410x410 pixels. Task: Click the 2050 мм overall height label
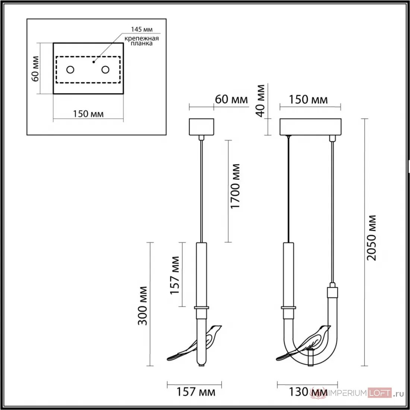[371, 238]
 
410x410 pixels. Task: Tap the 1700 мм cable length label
[235, 186]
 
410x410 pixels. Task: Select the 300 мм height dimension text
[142, 306]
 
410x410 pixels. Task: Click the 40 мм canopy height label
[260, 101]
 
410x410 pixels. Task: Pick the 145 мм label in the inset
[142, 29]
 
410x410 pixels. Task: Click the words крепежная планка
[142, 41]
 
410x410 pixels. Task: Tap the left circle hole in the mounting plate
[70, 70]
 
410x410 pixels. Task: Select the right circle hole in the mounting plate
[105, 70]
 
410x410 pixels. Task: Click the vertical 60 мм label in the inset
[35, 69]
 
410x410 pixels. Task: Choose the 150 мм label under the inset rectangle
[88, 114]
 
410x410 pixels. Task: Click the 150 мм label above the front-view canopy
[308, 100]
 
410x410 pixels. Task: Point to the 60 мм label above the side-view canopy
[231, 100]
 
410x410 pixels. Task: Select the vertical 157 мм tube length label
[175, 275]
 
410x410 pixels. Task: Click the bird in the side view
[194, 343]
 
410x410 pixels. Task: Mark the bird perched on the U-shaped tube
[303, 343]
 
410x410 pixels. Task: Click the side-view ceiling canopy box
[202, 127]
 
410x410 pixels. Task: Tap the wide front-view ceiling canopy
[310, 127]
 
